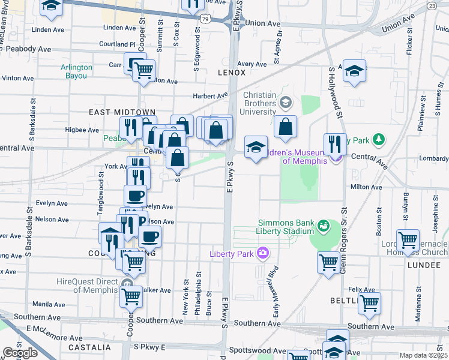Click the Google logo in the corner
pyautogui.click(x=20, y=353)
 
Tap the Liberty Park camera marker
pyautogui.click(x=262, y=253)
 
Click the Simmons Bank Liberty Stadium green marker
pyautogui.click(x=324, y=226)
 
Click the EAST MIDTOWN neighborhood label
pyautogui.click(x=122, y=112)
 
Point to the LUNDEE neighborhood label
pyautogui.click(x=424, y=265)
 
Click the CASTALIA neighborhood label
pyautogui.click(x=89, y=347)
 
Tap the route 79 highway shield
pyautogui.click(x=205, y=19)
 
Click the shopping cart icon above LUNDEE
pyautogui.click(x=408, y=240)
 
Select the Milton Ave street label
pyautogui.click(x=367, y=187)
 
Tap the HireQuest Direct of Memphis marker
pyautogui.click(x=127, y=283)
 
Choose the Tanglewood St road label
pyautogui.click(x=101, y=193)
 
